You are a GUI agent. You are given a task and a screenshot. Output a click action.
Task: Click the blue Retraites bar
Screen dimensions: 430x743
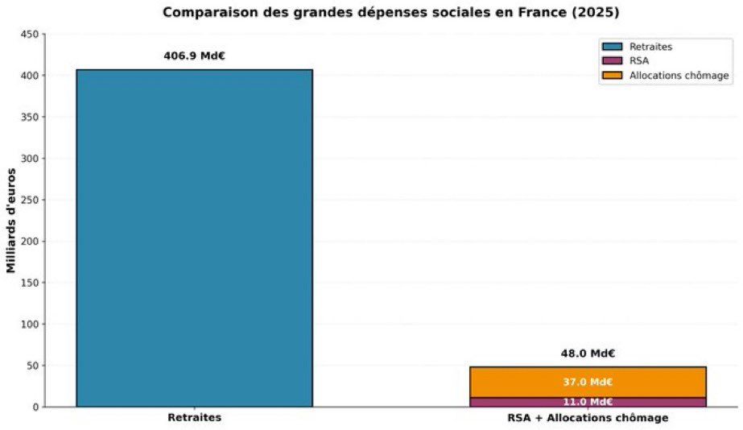tap(194, 238)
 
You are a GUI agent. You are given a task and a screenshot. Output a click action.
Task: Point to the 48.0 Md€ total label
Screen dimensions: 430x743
tap(588, 354)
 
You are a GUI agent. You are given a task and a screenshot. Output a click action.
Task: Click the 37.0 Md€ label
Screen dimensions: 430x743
tap(588, 382)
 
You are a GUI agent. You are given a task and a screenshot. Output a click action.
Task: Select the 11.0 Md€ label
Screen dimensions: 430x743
tap(588, 402)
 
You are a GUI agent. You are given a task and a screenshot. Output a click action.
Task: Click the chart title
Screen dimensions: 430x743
tap(391, 12)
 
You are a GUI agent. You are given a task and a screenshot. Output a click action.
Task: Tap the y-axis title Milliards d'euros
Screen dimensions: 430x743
tap(11, 221)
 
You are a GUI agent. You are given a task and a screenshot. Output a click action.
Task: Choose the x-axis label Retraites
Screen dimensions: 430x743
tap(194, 419)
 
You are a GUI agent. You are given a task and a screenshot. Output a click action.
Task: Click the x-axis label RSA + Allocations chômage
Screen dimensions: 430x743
tap(588, 419)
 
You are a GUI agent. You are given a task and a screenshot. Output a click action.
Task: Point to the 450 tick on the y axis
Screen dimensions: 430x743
tap(29, 35)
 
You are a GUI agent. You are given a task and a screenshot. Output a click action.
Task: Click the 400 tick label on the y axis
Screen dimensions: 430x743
tap(29, 76)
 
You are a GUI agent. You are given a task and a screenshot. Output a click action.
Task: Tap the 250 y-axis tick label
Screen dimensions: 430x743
tap(29, 201)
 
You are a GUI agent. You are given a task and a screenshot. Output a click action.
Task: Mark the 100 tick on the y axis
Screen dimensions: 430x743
tap(29, 325)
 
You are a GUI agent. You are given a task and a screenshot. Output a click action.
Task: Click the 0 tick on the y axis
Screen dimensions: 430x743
tap(35, 407)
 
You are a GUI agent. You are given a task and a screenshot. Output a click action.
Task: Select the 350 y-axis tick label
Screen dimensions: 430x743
tap(29, 118)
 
